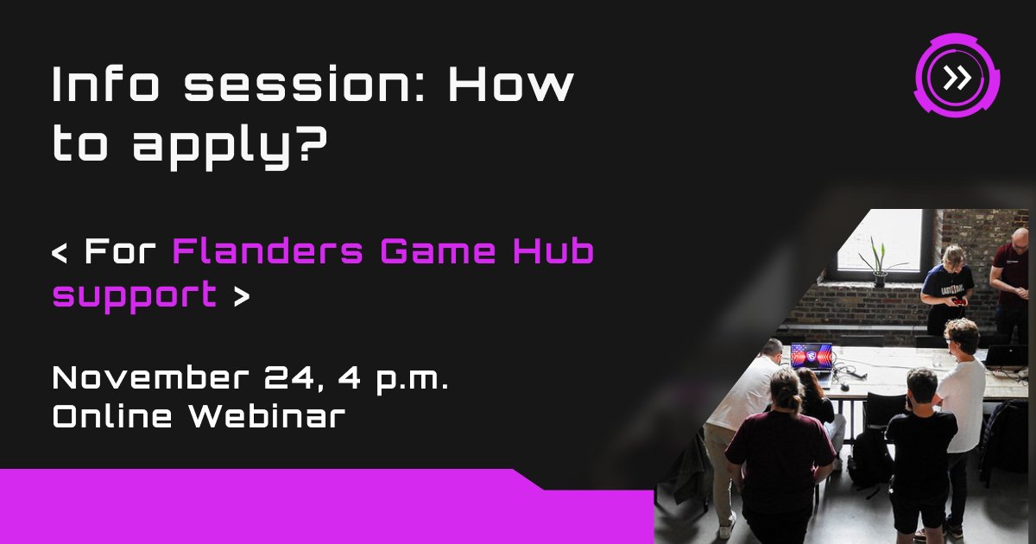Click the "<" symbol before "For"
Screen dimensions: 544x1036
coord(60,254)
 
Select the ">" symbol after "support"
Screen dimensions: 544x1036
coord(241,296)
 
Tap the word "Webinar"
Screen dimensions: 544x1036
coord(268,416)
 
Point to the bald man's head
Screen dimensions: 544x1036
coord(1020,237)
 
